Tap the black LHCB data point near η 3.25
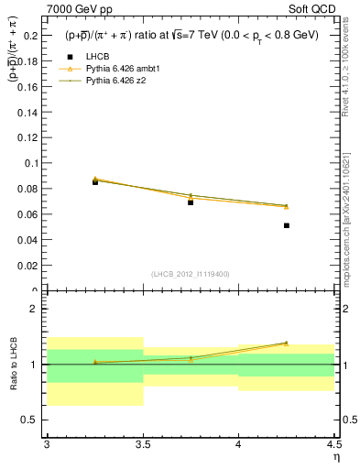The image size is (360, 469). [95, 182]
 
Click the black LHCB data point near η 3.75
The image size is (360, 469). [191, 202]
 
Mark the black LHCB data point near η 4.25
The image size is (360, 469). [287, 225]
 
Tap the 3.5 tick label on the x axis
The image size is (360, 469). [142, 444]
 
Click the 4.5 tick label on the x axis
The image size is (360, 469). [333, 444]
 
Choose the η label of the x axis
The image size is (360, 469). [335, 457]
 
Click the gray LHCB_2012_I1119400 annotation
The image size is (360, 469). [190, 274]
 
